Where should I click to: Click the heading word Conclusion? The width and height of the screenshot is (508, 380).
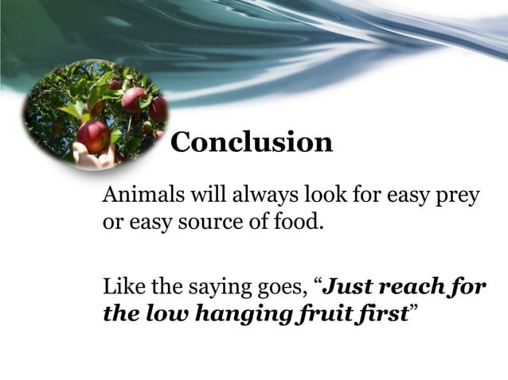coord(252,142)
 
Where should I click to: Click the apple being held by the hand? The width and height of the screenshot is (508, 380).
coord(94,134)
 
